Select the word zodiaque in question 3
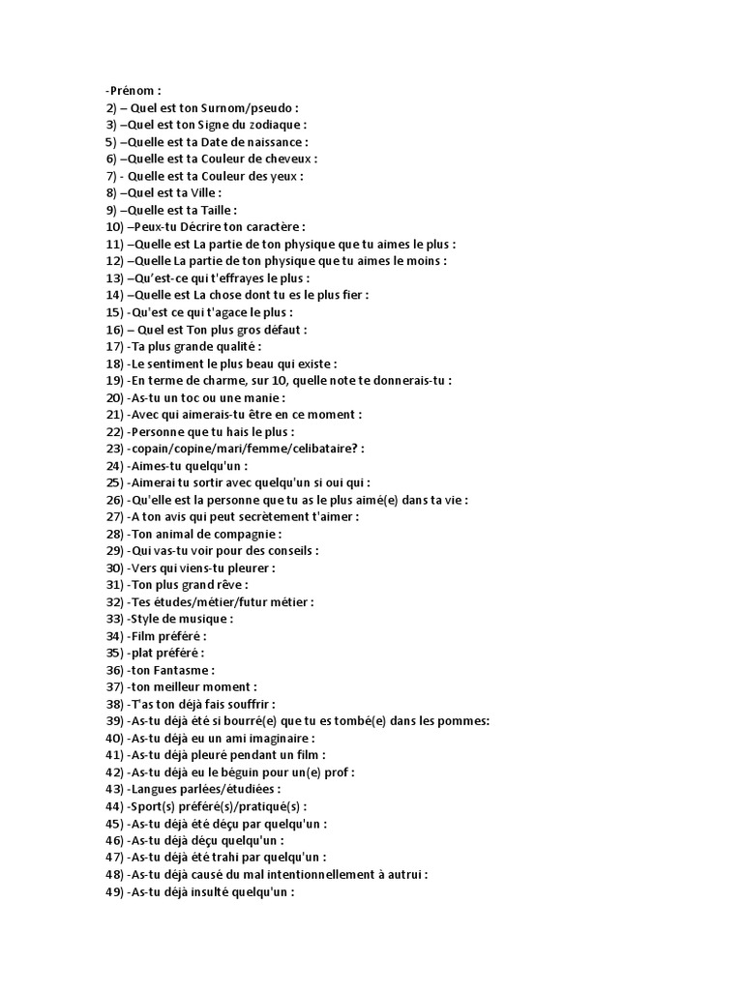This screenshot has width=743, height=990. [276, 125]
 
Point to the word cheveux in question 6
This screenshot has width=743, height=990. [314, 159]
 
